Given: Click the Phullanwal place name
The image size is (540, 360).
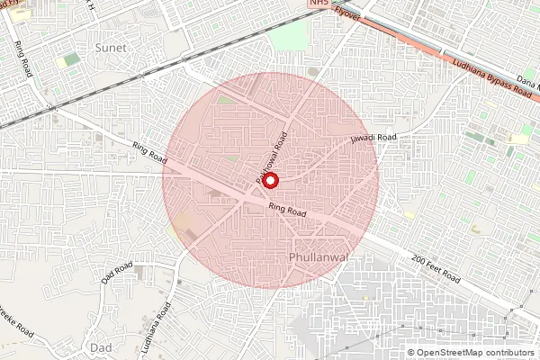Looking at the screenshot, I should (319, 258).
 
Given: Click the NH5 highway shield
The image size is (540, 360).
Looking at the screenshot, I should (319, 4).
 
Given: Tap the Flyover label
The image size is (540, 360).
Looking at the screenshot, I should (346, 12).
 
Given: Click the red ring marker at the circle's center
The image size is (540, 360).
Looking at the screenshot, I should (270, 180).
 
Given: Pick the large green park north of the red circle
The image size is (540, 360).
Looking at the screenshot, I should (290, 36).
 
